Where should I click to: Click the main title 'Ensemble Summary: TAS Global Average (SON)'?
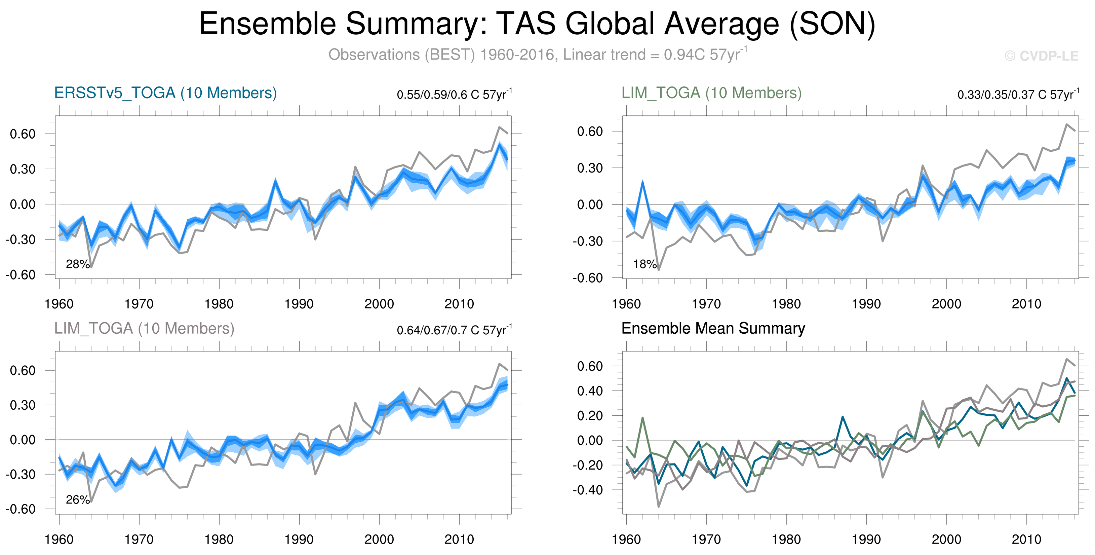pos(537,24)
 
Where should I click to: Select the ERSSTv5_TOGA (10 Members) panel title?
pos(165,93)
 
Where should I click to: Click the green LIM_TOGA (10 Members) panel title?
pos(711,93)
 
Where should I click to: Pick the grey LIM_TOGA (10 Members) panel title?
pos(144,328)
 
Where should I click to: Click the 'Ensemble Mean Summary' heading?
pos(713,328)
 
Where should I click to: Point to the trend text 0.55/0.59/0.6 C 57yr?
pos(454,95)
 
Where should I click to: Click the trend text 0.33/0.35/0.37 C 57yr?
pos(1018,95)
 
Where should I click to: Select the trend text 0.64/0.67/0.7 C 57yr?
pos(454,330)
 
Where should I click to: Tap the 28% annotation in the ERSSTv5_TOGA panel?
pos(77,264)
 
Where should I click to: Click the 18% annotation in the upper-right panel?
pos(644,264)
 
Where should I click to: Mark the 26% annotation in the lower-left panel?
pos(77,500)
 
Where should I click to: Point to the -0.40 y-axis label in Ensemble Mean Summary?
pos(587,490)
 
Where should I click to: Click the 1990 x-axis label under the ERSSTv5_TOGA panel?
pos(299,304)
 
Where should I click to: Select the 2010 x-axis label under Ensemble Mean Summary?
pos(1026,539)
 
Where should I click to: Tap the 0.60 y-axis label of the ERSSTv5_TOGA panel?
pos(23,134)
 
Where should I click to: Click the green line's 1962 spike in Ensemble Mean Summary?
pos(642,418)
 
